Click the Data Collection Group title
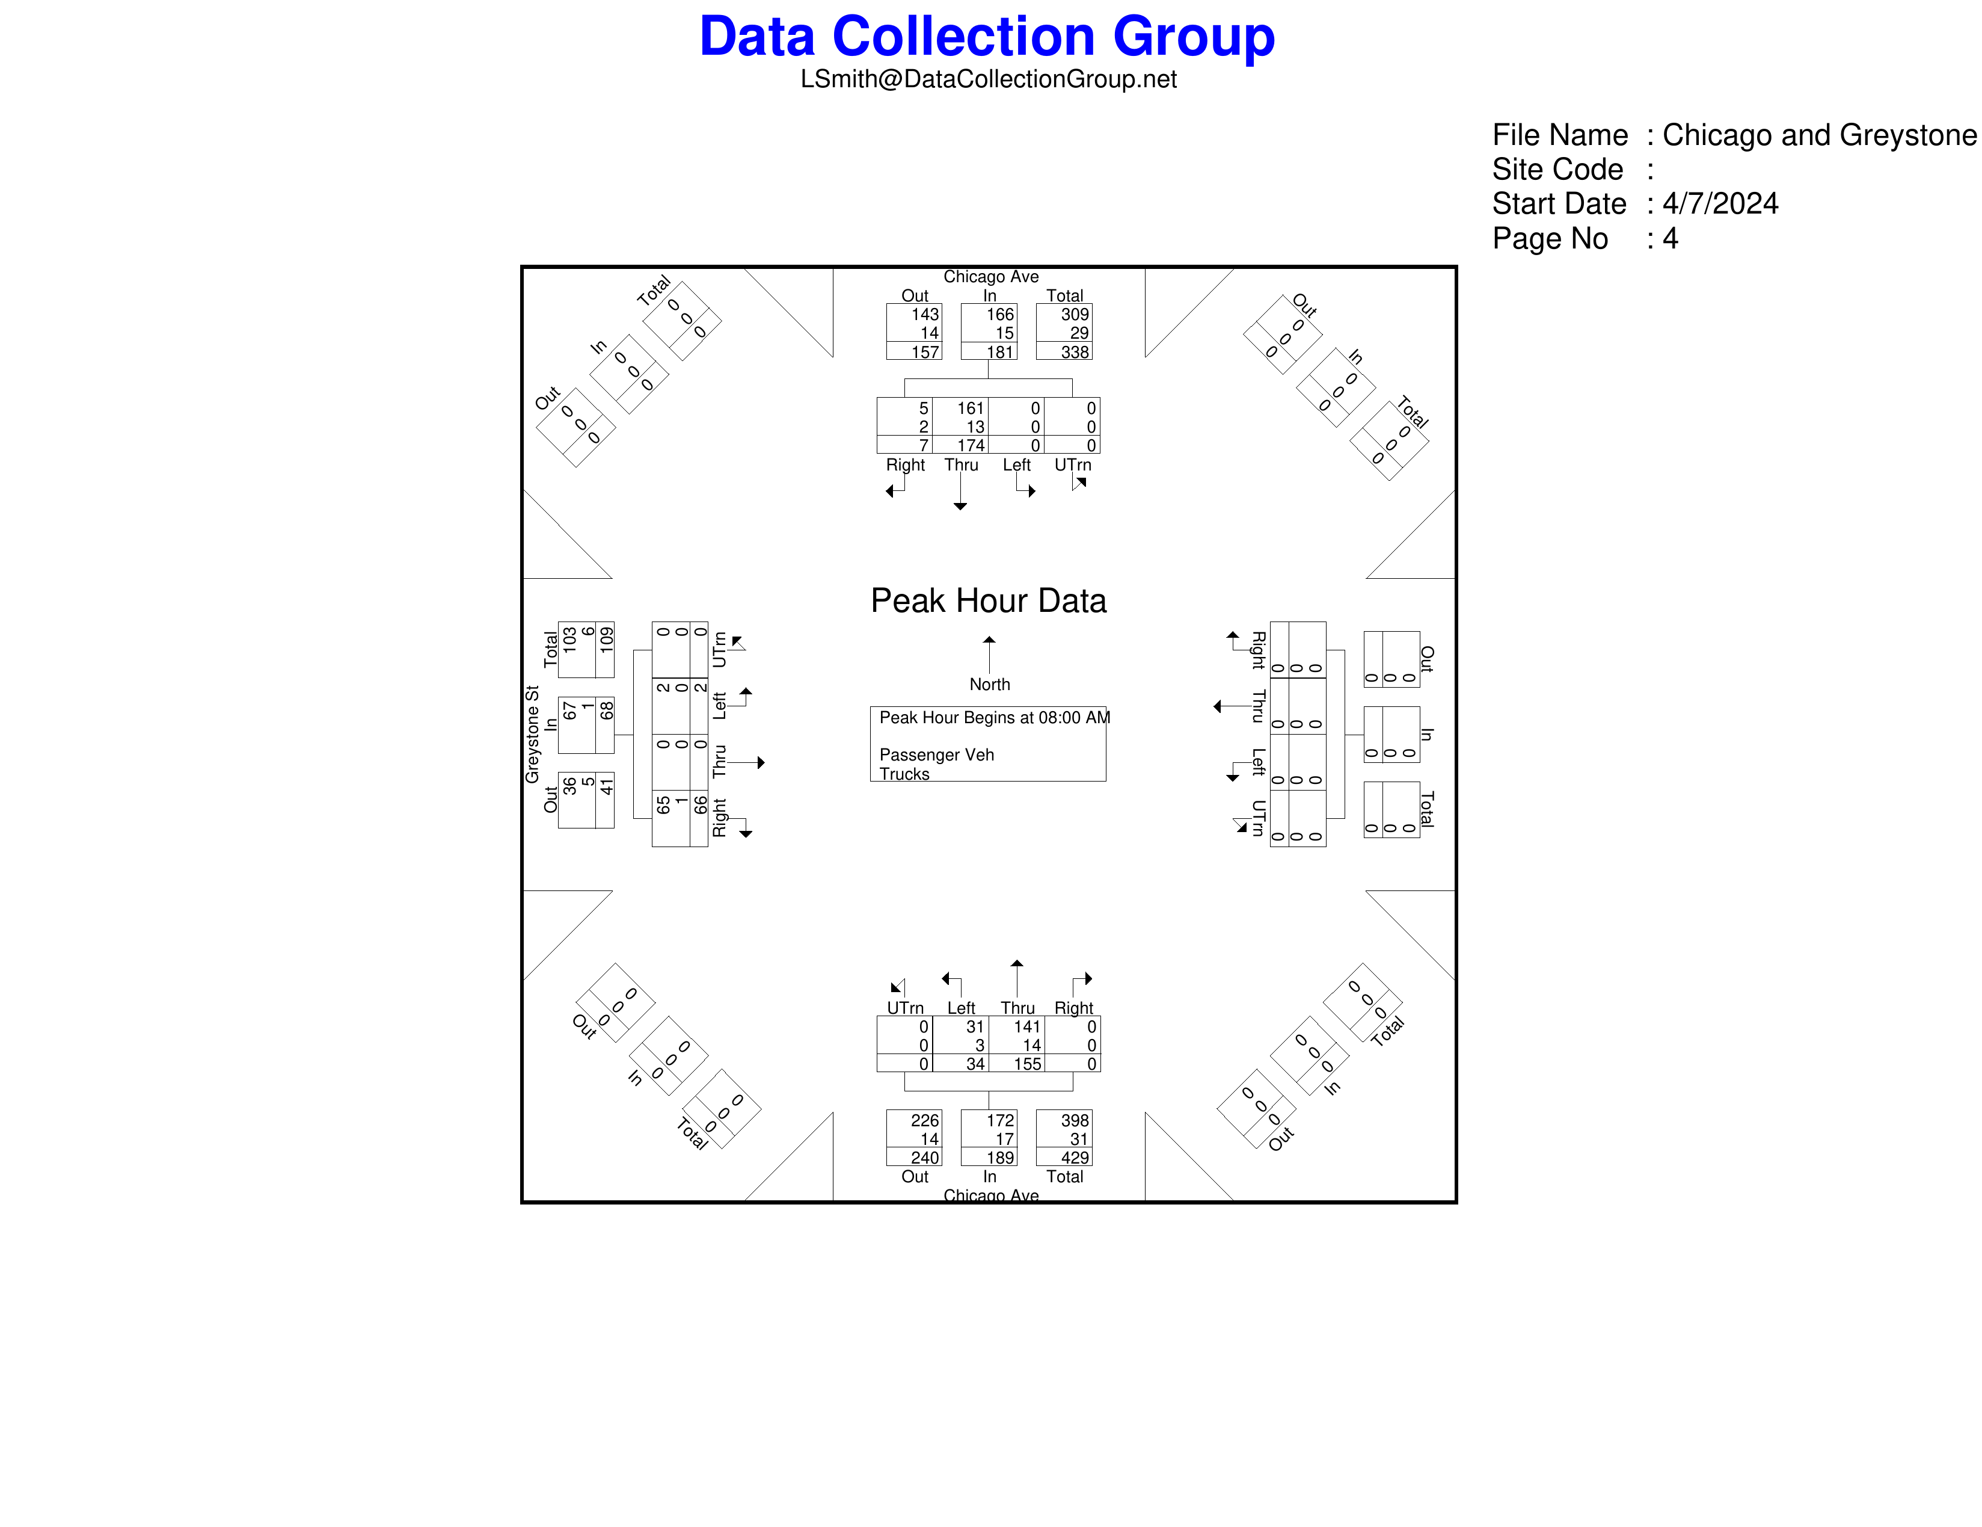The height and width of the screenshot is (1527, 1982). pos(987,36)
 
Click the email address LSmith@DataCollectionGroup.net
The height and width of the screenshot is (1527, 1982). pos(988,79)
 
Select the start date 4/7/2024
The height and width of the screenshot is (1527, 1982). pos(1720,203)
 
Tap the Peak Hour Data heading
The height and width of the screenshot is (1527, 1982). pos(988,601)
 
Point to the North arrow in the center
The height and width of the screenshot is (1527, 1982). pos(989,655)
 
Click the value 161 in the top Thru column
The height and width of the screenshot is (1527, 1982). pos(970,409)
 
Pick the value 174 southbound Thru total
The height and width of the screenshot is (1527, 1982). pos(970,445)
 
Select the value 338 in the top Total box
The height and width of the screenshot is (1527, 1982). pos(1075,351)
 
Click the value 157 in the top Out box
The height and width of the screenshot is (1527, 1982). pos(925,351)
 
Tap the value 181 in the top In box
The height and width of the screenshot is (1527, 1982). pos(1000,351)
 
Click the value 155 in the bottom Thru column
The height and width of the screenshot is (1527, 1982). pos(1027,1064)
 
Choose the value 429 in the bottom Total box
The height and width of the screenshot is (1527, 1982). pos(1075,1158)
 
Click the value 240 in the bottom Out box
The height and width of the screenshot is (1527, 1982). pos(925,1158)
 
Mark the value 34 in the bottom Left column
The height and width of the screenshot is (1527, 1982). pos(975,1064)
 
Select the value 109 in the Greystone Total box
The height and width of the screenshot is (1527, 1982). pos(606,640)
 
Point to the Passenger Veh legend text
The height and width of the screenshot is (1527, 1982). pos(936,755)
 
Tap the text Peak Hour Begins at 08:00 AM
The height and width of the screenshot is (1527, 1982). pos(995,717)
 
